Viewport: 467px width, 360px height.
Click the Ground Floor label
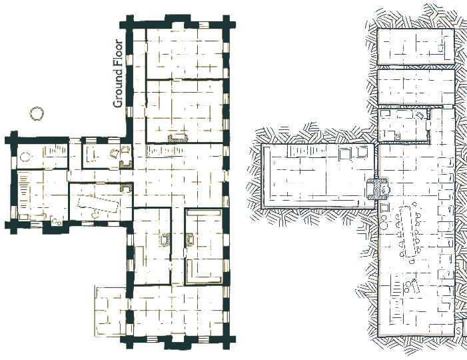coord(118,73)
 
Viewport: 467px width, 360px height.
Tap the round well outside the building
coord(37,113)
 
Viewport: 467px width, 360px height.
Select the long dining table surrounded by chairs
coord(408,231)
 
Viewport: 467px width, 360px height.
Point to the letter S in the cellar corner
coord(458,330)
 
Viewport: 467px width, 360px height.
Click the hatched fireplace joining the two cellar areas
coord(378,189)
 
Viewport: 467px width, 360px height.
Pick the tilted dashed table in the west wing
coord(98,204)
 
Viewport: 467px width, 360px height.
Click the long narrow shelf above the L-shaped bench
coord(204,213)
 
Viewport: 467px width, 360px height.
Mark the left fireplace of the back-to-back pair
coord(165,239)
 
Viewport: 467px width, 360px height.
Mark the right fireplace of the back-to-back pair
coord(190,239)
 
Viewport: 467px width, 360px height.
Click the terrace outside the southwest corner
coord(111,311)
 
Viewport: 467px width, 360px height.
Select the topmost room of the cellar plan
coord(416,46)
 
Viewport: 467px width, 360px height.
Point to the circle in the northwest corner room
coord(25,156)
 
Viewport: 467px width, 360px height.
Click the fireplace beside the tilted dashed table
coord(126,188)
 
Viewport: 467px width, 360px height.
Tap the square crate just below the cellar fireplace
coord(385,207)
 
